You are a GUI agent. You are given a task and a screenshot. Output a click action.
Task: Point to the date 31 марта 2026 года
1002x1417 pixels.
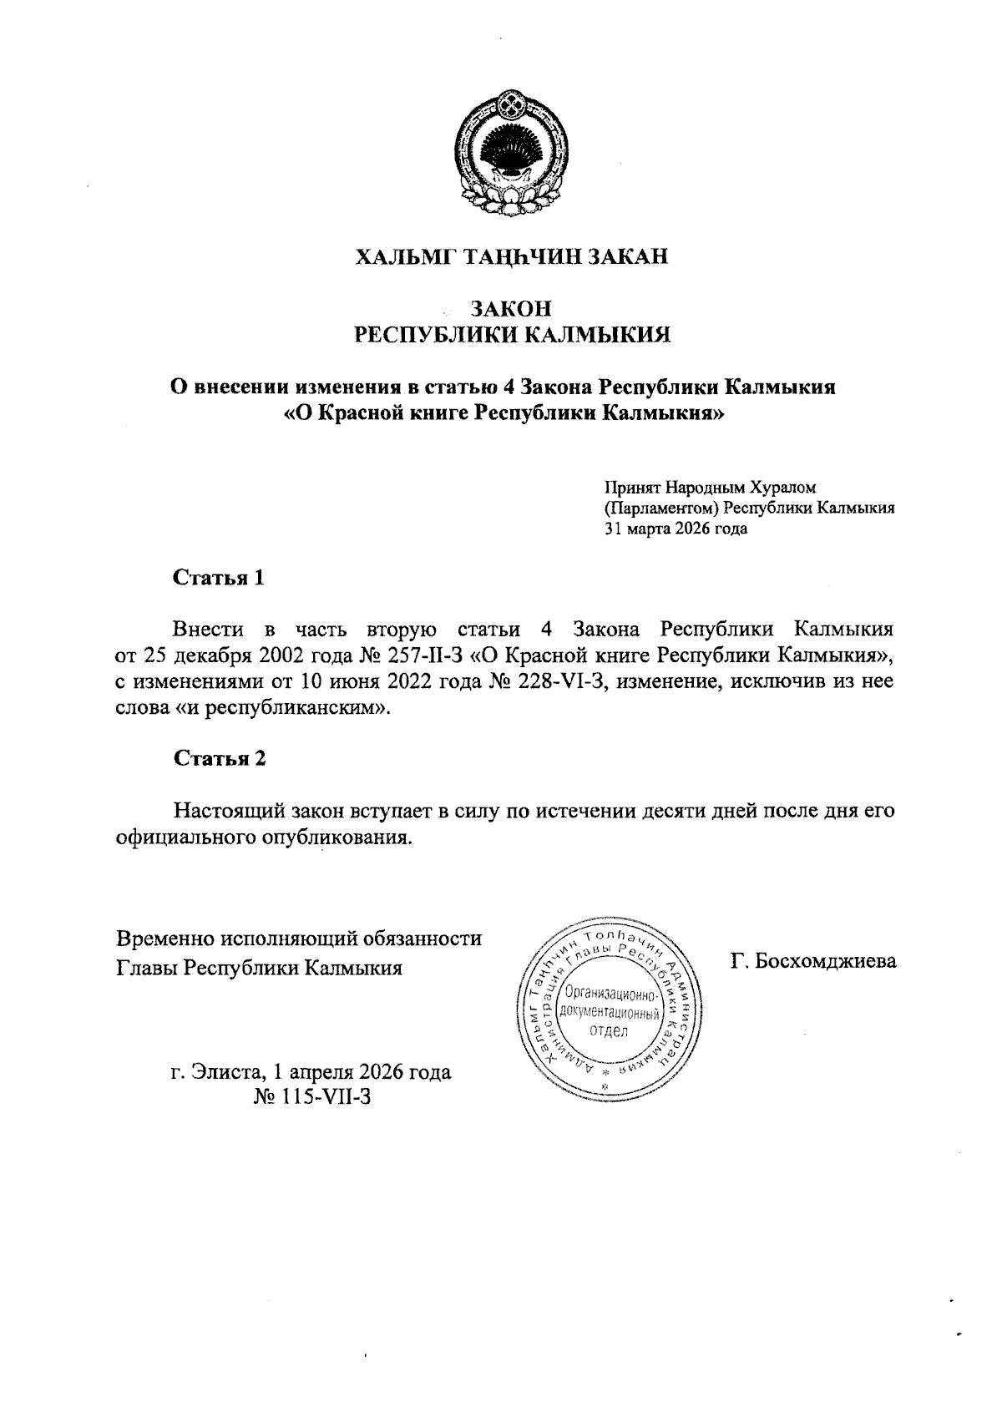coord(676,529)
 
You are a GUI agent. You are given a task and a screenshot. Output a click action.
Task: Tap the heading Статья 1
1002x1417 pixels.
coord(219,578)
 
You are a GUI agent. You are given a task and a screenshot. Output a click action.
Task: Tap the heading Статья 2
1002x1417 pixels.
coord(220,758)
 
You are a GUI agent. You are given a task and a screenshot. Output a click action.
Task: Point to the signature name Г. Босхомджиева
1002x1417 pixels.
coord(812,962)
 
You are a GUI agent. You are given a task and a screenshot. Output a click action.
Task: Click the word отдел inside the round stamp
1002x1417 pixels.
coord(610,1030)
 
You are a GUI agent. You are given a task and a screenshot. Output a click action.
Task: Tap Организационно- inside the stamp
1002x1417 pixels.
coord(610,994)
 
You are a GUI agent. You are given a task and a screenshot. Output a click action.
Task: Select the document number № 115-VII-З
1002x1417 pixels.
coord(311,1096)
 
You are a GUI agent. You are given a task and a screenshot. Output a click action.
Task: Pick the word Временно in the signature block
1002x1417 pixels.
coord(164,939)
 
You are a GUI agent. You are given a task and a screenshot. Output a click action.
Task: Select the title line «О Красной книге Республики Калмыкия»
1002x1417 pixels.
coord(503,413)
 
